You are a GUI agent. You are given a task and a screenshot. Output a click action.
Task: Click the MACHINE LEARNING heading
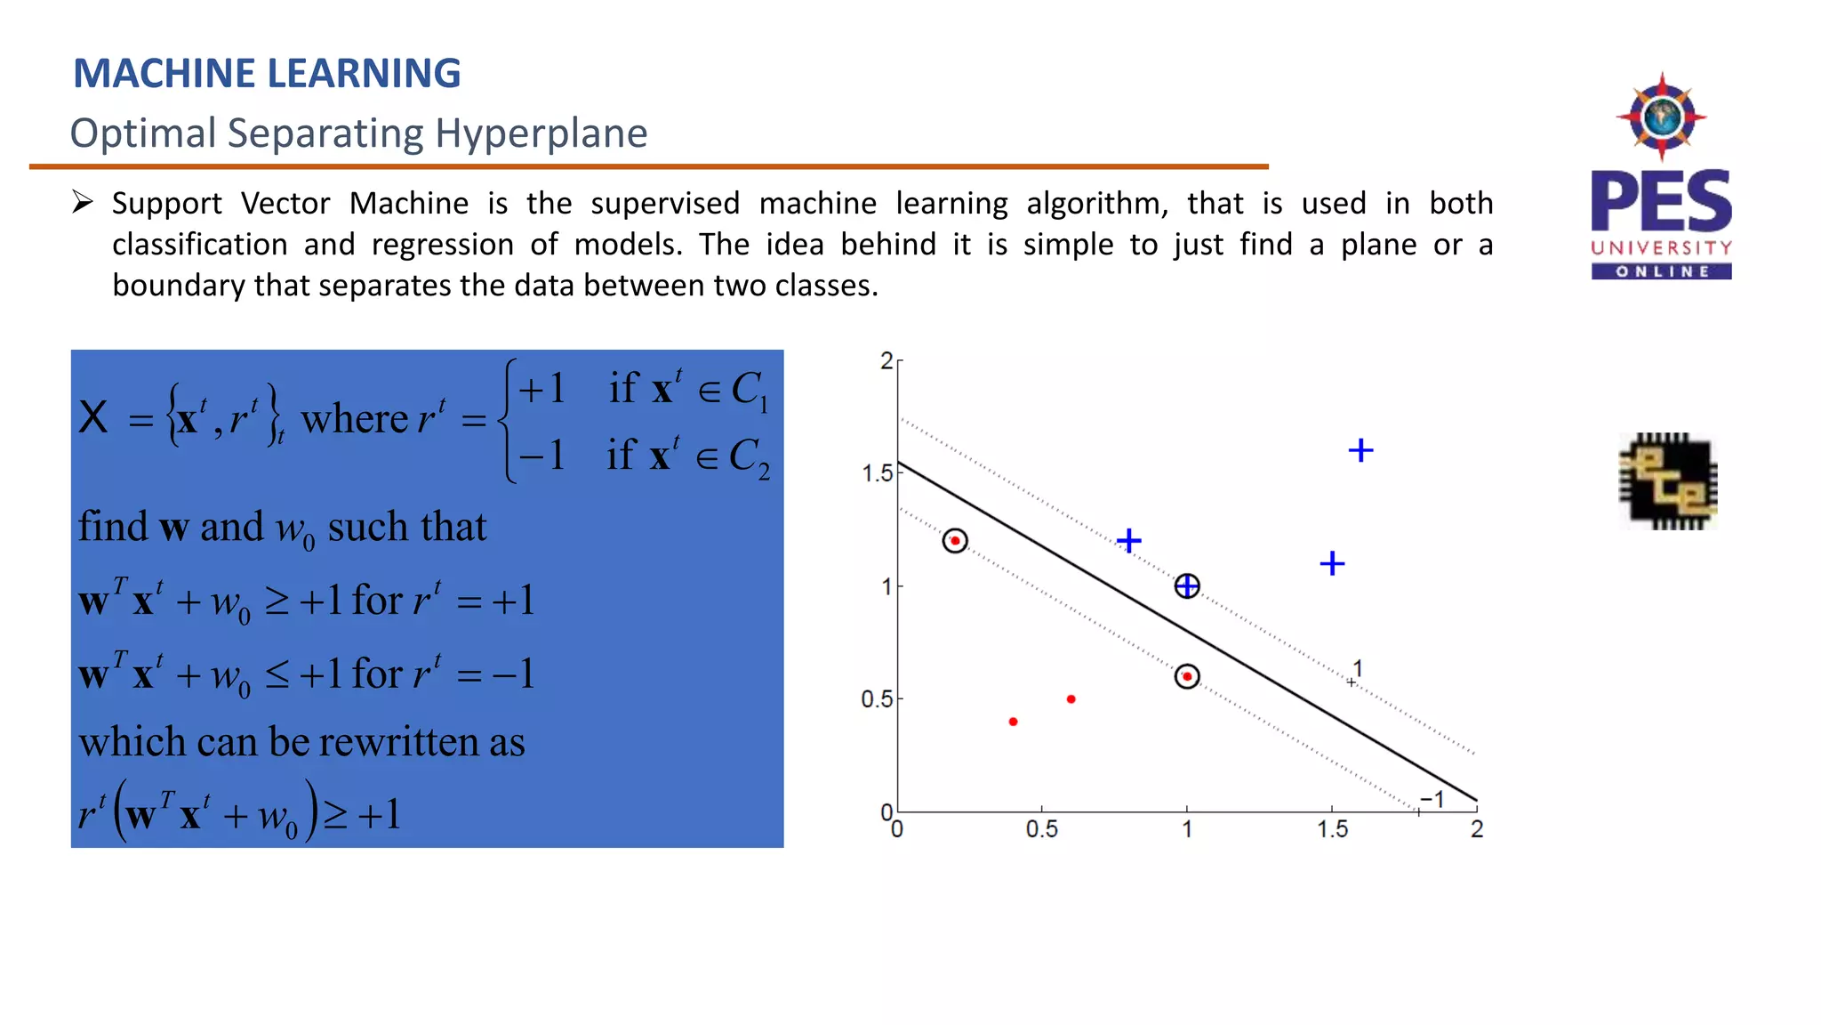pyautogui.click(x=267, y=73)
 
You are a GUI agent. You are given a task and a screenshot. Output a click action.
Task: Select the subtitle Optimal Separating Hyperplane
pyautogui.click(x=358, y=133)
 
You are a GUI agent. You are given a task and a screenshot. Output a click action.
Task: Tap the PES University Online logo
pyautogui.click(x=1661, y=178)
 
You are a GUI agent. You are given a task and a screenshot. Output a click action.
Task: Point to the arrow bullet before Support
pyautogui.click(x=83, y=203)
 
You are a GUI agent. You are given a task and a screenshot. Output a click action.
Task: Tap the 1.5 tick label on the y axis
pyautogui.click(x=877, y=473)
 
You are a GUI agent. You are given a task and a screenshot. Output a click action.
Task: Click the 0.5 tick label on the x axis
pyautogui.click(x=1041, y=830)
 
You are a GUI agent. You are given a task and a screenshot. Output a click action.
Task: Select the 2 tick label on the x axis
pyautogui.click(x=1477, y=830)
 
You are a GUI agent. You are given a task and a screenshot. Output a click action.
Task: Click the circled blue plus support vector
pyautogui.click(x=1187, y=586)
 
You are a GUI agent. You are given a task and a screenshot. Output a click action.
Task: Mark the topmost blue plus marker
pyautogui.click(x=1360, y=450)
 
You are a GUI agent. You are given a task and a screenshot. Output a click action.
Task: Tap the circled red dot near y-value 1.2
pyautogui.click(x=955, y=541)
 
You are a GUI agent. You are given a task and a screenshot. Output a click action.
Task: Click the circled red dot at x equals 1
pyautogui.click(x=1187, y=677)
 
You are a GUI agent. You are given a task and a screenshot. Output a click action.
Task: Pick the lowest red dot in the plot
pyautogui.click(x=1013, y=722)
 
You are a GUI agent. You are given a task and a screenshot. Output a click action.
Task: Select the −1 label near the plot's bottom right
pyautogui.click(x=1432, y=799)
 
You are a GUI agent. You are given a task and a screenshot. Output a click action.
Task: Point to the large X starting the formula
pyautogui.click(x=93, y=417)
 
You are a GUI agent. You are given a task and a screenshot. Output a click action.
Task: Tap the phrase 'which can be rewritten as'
pyautogui.click(x=301, y=742)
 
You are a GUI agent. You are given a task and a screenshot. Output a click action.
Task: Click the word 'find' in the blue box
pyautogui.click(x=113, y=527)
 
